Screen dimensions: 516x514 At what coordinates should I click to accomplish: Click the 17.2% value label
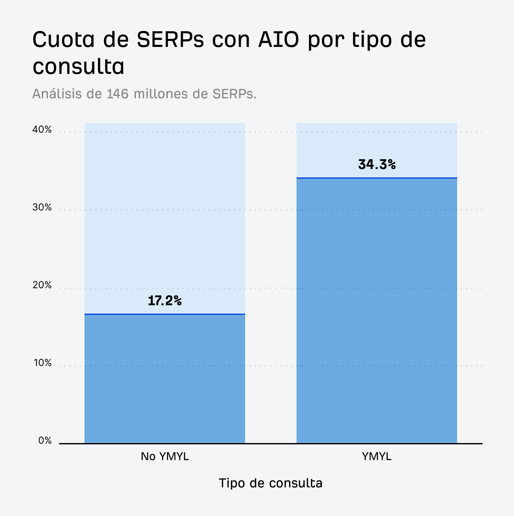(x=164, y=301)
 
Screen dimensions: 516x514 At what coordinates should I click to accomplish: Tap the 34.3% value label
(x=377, y=165)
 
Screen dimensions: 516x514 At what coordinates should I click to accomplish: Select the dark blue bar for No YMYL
(x=164, y=379)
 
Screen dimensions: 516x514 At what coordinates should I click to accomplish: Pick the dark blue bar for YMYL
(x=377, y=310)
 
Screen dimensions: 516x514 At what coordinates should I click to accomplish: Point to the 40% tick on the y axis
(x=42, y=130)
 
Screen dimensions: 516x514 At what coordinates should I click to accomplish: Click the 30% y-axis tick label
(x=42, y=208)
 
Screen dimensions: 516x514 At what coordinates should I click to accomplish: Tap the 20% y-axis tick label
(x=42, y=285)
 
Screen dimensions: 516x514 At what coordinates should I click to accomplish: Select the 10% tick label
(x=42, y=363)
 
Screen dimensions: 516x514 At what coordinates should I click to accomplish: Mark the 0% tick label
(x=45, y=441)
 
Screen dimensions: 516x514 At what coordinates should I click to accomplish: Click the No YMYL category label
(x=164, y=457)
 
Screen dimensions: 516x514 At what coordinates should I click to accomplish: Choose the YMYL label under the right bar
(x=377, y=457)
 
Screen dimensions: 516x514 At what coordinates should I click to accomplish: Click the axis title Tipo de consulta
(x=270, y=483)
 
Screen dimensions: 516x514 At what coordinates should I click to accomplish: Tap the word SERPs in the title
(x=170, y=40)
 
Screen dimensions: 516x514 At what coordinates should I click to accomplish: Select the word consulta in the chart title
(x=78, y=67)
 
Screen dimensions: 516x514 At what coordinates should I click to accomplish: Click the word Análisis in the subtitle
(x=57, y=94)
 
